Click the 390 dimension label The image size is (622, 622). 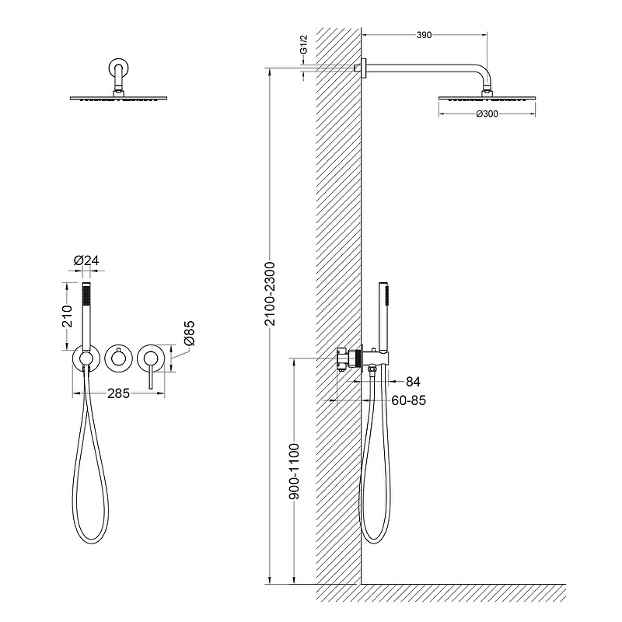[x=424, y=35]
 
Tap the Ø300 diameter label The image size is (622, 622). [x=487, y=114]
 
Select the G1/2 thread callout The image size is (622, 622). [x=303, y=44]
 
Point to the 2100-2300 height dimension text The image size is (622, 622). [x=270, y=294]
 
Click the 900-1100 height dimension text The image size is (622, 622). [x=294, y=471]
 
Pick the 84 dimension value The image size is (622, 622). [x=413, y=382]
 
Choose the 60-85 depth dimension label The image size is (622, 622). [x=409, y=400]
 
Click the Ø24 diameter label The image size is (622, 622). [x=86, y=260]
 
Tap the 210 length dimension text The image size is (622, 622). [x=68, y=316]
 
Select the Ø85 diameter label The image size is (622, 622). [x=189, y=334]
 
